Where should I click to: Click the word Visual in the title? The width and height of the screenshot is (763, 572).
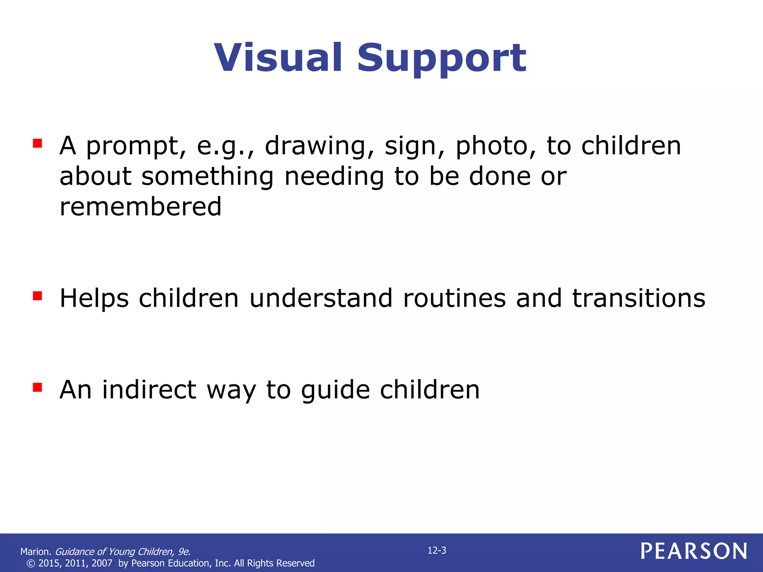click(x=278, y=58)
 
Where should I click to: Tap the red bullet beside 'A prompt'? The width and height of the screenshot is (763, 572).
click(x=37, y=143)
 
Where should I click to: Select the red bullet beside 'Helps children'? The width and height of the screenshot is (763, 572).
click(x=37, y=296)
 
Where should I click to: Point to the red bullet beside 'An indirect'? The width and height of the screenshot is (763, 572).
click(x=37, y=387)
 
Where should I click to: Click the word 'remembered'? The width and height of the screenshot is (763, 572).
click(x=140, y=207)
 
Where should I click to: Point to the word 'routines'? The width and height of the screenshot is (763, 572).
click(x=454, y=298)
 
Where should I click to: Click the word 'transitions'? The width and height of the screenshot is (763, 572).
click(x=639, y=298)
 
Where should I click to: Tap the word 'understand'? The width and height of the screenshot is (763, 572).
click(x=321, y=298)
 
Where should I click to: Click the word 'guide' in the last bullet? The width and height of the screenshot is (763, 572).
click(x=335, y=390)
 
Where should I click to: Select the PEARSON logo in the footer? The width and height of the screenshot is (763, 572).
click(x=694, y=551)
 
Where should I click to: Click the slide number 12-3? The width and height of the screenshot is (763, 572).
click(x=437, y=551)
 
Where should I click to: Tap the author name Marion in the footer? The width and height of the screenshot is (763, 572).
click(x=35, y=552)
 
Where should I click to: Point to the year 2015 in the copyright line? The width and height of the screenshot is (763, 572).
click(x=49, y=563)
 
